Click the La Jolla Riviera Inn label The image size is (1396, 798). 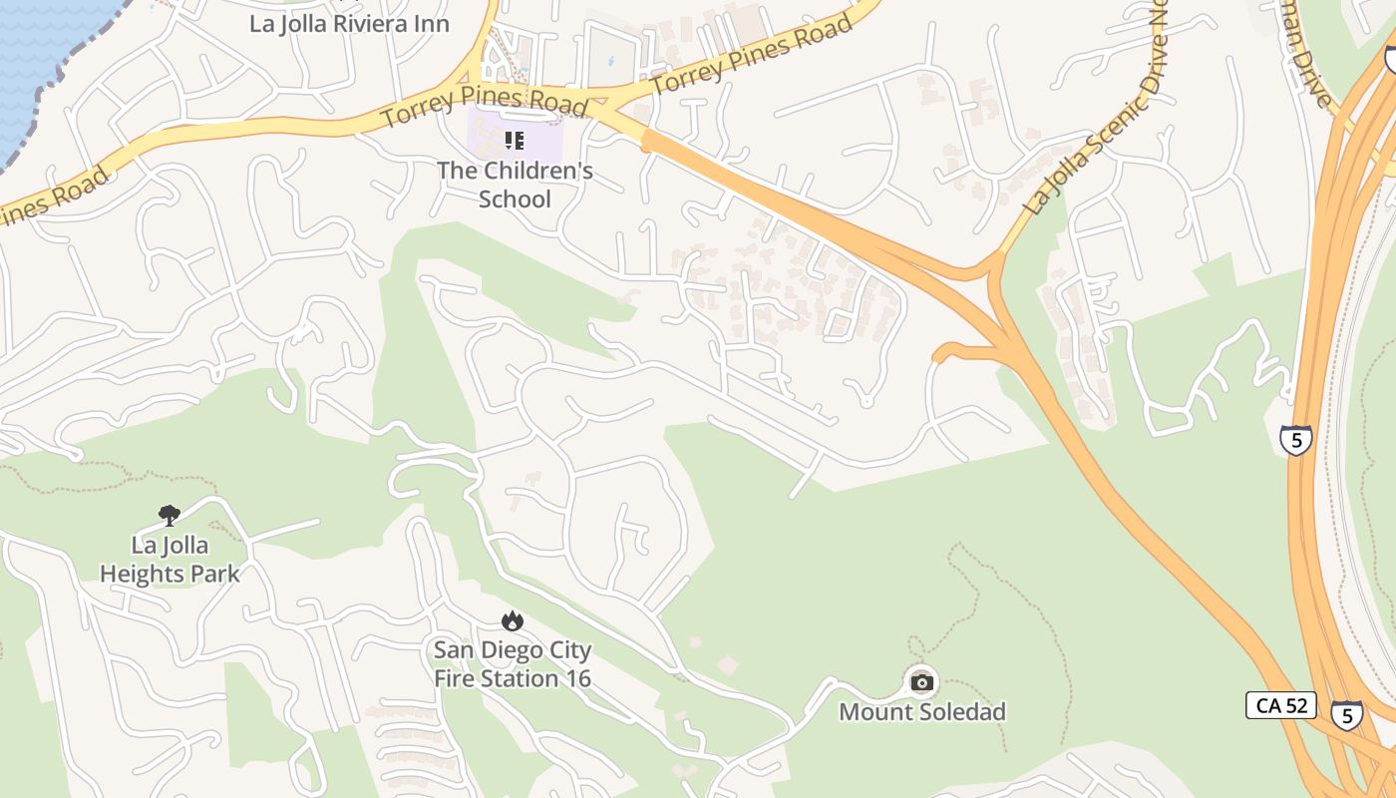(349, 24)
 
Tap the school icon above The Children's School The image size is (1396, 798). (514, 141)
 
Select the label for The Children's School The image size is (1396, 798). (515, 185)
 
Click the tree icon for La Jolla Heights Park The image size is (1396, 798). (170, 516)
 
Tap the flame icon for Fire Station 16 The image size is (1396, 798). (513, 621)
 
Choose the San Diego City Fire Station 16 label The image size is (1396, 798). (513, 664)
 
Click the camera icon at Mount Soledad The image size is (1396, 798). (922, 682)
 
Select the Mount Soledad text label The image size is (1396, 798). (922, 712)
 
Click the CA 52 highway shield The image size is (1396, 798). (1281, 705)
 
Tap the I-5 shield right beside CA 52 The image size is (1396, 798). (1347, 714)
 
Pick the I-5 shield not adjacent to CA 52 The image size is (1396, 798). (1295, 440)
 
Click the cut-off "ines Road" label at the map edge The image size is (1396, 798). (55, 198)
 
